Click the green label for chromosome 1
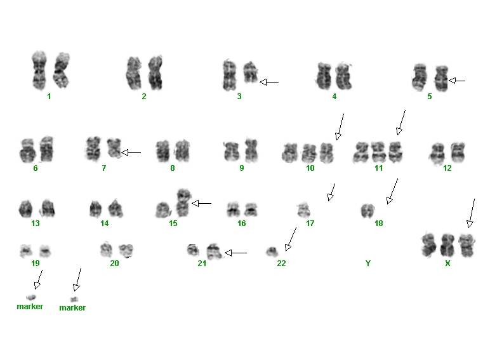[49, 97]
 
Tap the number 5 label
[430, 97]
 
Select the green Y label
[367, 263]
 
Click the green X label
[447, 263]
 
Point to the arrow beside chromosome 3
[269, 82]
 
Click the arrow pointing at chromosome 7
[131, 152]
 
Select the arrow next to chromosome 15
[201, 203]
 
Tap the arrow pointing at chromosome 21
[235, 253]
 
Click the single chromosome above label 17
[304, 210]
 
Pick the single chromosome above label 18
[367, 211]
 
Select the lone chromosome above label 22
[272, 252]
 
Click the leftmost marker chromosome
[31, 297]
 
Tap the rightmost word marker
[72, 307]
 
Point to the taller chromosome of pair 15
[183, 203]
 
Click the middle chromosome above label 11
[378, 152]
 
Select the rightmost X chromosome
[466, 245]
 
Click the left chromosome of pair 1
[39, 70]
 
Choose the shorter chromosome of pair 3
[251, 72]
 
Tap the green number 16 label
[241, 223]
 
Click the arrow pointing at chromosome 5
[457, 81]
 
